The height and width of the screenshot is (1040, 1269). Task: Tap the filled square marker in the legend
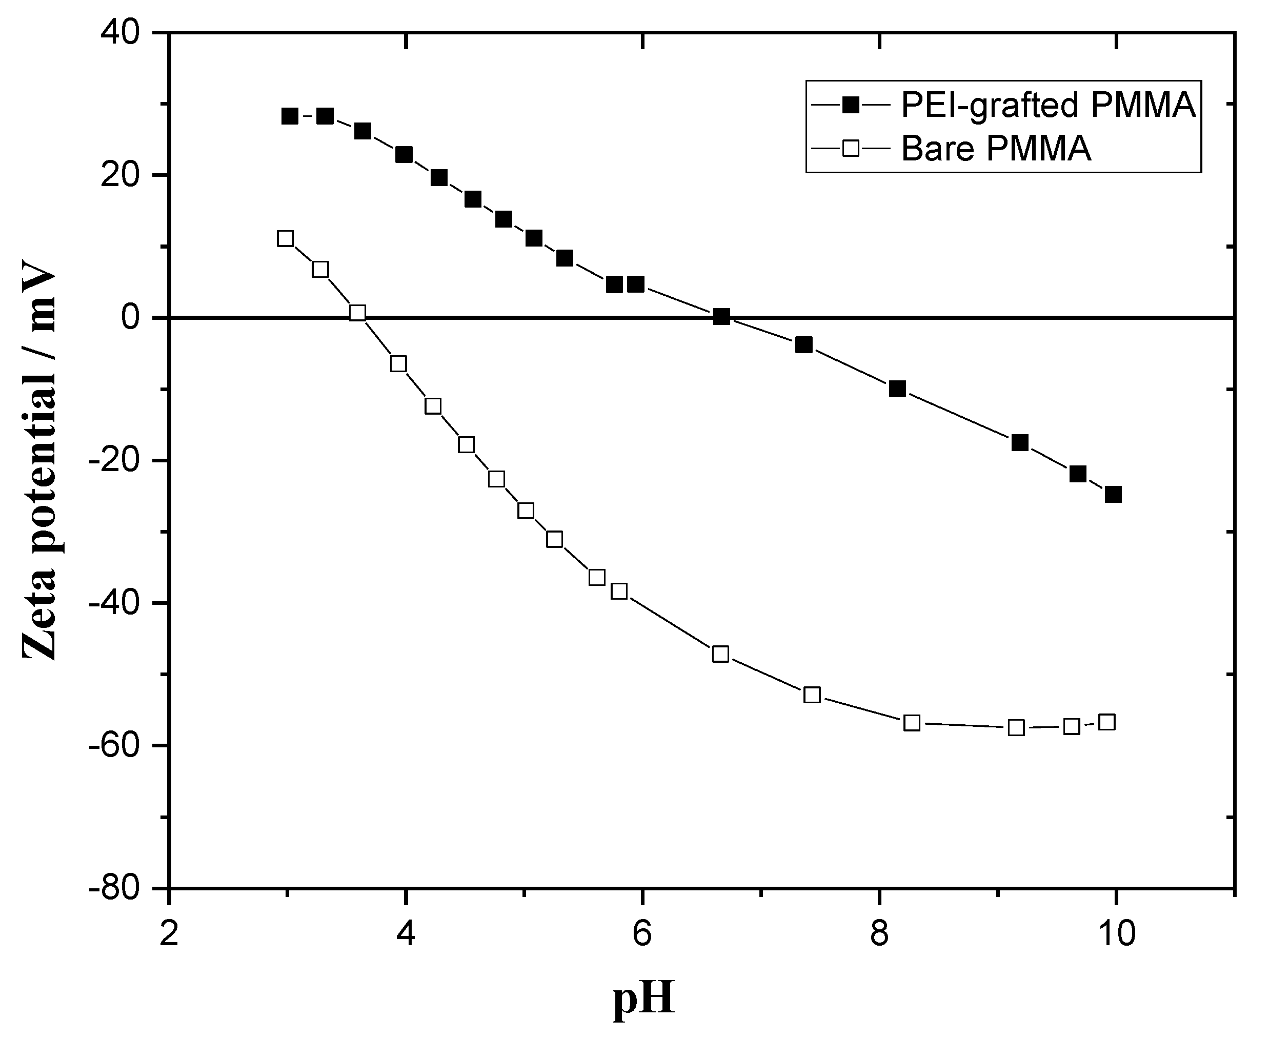pyautogui.click(x=850, y=106)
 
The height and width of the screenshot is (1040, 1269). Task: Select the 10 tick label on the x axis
pyautogui.click(x=1115, y=934)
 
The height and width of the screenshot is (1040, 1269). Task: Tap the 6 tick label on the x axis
pyautogui.click(x=642, y=934)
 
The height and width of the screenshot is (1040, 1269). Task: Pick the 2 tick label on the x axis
pyautogui.click(x=170, y=934)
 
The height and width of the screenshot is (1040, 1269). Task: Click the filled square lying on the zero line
pyautogui.click(x=721, y=317)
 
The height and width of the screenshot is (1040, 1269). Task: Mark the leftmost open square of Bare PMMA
pyautogui.click(x=285, y=238)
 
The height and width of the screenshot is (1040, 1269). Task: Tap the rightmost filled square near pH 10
pyautogui.click(x=1113, y=494)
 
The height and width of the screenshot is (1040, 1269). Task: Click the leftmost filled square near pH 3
pyautogui.click(x=289, y=116)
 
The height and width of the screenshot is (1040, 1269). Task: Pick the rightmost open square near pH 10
pyautogui.click(x=1107, y=722)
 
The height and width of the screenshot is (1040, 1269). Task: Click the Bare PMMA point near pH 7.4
pyautogui.click(x=812, y=695)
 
